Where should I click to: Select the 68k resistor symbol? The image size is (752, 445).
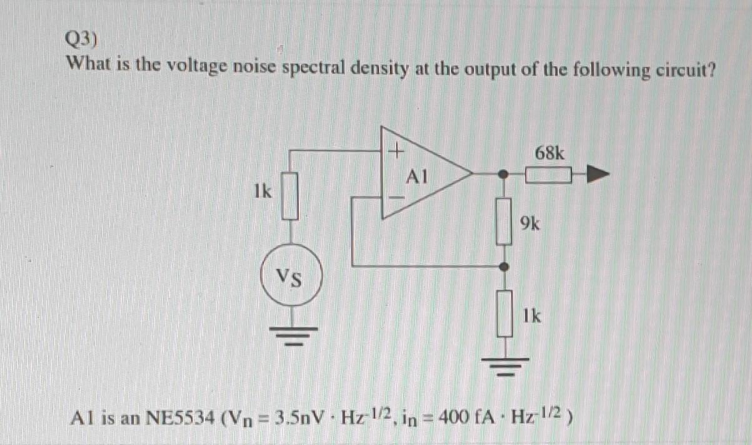(549, 176)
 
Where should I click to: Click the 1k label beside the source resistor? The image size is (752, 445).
(263, 192)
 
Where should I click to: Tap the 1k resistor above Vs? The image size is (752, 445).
(288, 197)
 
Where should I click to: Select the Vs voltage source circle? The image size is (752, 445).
(289, 275)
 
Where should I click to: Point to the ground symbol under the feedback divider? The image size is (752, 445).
(505, 365)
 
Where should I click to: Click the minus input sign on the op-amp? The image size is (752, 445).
(396, 197)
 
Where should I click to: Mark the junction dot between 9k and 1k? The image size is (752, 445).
(505, 267)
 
